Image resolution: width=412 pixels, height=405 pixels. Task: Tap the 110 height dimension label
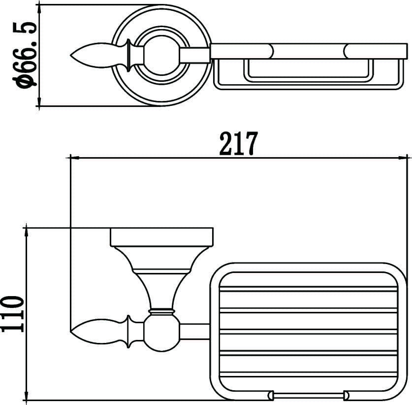pyautogui.click(x=12, y=314)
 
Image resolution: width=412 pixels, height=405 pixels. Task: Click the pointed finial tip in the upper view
pyautogui.click(x=70, y=56)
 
